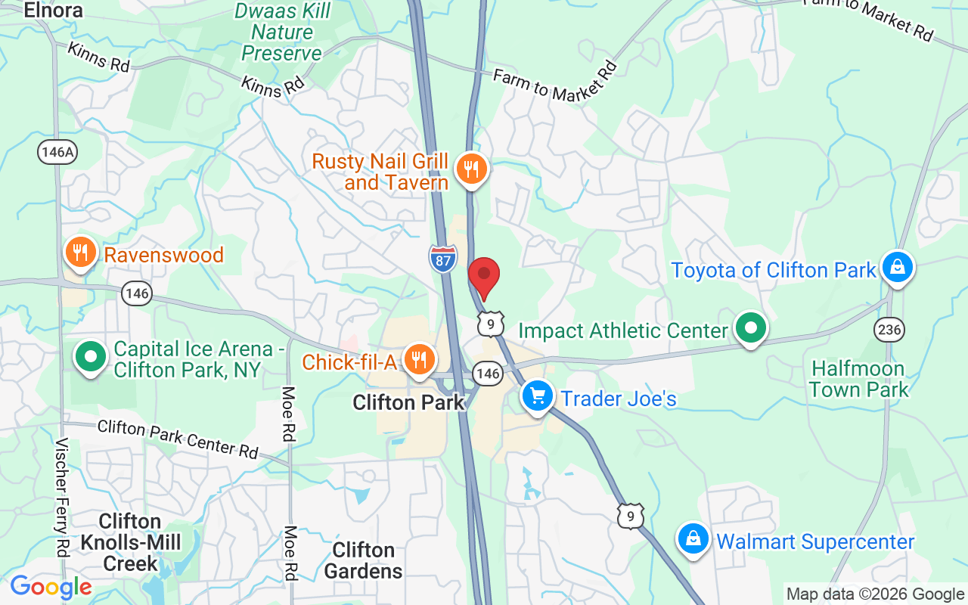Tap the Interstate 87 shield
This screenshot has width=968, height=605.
(x=442, y=259)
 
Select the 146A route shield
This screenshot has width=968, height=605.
(x=57, y=152)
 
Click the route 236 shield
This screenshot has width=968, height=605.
(x=889, y=329)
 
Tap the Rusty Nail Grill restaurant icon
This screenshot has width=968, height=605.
(x=472, y=169)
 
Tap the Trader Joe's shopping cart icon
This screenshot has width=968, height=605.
(x=537, y=395)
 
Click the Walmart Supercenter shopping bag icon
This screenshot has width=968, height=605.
(x=693, y=539)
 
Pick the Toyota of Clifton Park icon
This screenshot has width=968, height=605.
(x=897, y=267)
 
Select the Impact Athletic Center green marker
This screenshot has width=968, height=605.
(x=751, y=328)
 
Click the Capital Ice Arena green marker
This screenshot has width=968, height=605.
(x=91, y=355)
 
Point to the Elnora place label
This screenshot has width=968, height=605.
(x=53, y=11)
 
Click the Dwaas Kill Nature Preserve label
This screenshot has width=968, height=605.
(x=282, y=33)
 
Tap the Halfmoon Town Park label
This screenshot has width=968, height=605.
(x=858, y=380)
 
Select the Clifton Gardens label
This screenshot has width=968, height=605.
(x=363, y=560)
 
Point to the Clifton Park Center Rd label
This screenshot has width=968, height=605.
(x=178, y=438)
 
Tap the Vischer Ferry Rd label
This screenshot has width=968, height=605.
(x=62, y=495)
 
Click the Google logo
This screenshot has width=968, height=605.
(x=51, y=587)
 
